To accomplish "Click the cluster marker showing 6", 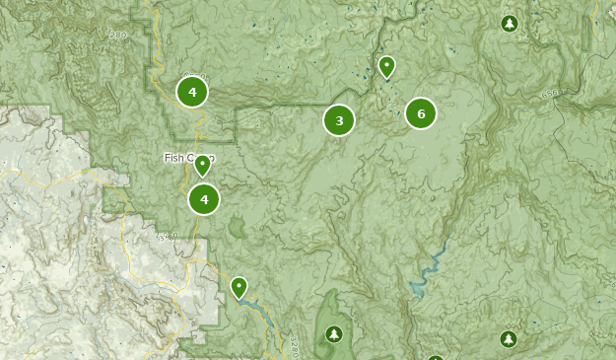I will point(421,113).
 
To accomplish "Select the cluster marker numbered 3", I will point(339,120).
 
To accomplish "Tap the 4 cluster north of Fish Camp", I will point(192,92).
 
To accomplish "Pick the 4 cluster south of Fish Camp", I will point(204,199).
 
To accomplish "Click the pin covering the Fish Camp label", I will point(202,165).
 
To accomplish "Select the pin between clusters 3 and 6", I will point(386,66).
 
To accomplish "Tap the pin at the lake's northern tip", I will point(239,287).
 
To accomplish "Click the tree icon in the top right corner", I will point(509,23).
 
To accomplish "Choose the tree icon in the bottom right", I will point(508,339).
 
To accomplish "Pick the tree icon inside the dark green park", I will point(333,334).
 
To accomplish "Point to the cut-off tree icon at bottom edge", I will point(435,356).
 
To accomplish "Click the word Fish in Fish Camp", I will point(173,158).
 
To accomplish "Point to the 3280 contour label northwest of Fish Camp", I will point(117,35).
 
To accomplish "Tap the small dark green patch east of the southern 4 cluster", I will point(237,229).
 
